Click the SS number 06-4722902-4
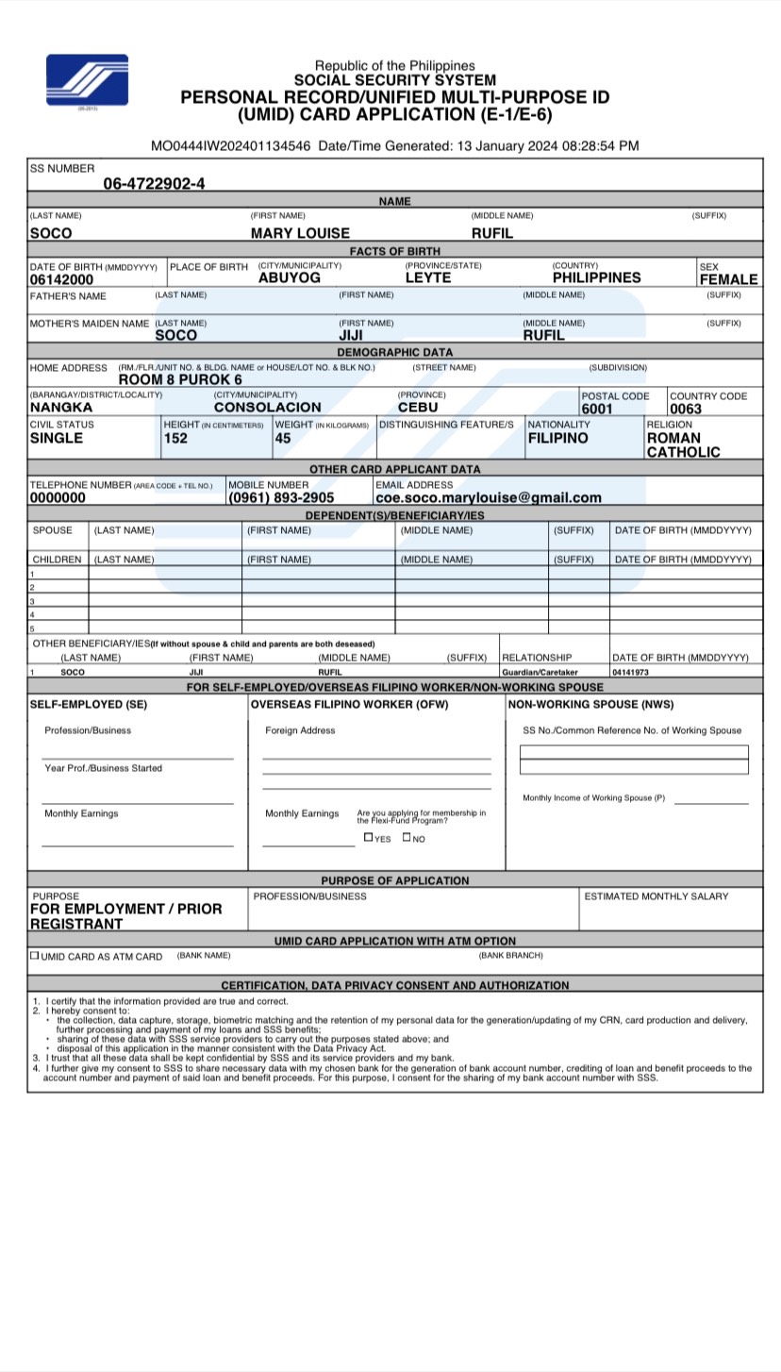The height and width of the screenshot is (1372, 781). click(x=154, y=183)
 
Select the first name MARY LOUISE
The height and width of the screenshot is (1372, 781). click(x=300, y=233)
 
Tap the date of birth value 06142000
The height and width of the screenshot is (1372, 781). click(x=61, y=279)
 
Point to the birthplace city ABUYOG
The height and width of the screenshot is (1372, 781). click(x=289, y=277)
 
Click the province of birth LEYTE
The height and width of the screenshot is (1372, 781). click(x=428, y=277)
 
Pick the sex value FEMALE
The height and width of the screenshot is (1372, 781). click(x=727, y=279)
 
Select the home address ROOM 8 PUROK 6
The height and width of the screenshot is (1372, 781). click(x=180, y=379)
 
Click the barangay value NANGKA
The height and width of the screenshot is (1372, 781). click(x=61, y=408)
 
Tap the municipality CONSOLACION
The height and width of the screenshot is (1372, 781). click(x=267, y=408)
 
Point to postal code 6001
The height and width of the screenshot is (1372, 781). click(x=597, y=409)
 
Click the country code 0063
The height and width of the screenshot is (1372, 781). click(x=686, y=409)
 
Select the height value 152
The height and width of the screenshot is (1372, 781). click(x=175, y=438)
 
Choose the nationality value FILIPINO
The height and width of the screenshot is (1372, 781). click(x=557, y=438)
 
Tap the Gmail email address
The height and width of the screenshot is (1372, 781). click(x=488, y=497)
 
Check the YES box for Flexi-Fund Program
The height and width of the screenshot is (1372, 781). click(x=368, y=837)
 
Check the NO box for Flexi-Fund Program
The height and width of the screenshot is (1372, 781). click(x=407, y=837)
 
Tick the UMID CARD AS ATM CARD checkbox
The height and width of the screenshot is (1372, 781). click(x=35, y=955)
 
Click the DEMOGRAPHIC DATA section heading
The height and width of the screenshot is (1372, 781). click(x=394, y=352)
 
